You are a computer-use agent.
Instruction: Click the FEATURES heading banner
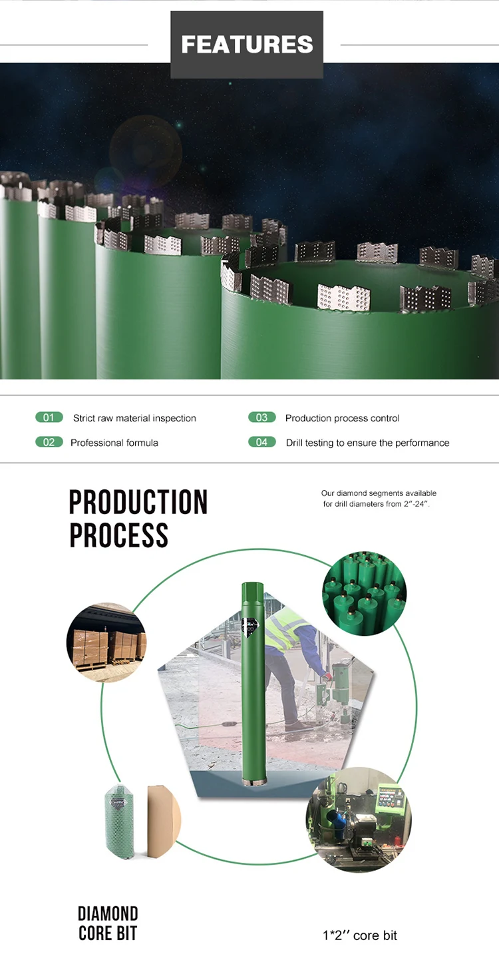pos(247,45)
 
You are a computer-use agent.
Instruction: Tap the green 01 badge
pos(49,417)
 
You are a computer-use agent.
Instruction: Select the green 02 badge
pos(49,442)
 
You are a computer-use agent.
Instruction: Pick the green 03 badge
pos(261,417)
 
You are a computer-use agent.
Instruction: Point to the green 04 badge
pos(261,442)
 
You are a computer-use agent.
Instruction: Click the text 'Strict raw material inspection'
pos(134,418)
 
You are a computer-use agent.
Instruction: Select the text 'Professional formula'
pos(114,443)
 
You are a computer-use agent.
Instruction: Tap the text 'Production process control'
pos(342,418)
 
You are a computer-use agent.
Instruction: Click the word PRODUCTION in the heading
pos(138,503)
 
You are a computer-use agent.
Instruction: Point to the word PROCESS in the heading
pos(118,535)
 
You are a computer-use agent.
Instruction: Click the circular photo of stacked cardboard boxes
pos(106,642)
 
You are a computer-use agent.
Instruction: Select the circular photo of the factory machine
pos(359,818)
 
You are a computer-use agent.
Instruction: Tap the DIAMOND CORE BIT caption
pos(108,923)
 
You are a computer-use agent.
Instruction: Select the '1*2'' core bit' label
pos(359,935)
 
